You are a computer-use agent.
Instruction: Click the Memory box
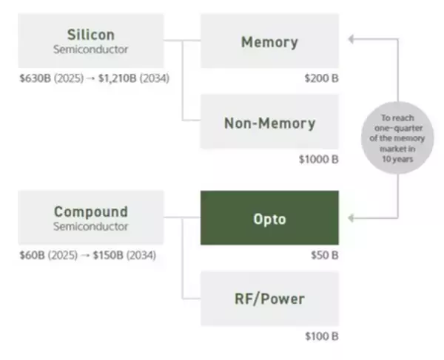point(269,41)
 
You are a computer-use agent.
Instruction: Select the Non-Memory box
point(269,123)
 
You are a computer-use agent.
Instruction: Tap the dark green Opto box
point(269,218)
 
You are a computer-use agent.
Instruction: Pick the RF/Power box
point(269,299)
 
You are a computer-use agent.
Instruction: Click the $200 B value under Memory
point(321,77)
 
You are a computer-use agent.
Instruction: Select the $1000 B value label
point(318,158)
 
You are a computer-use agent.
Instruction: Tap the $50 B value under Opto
point(323,254)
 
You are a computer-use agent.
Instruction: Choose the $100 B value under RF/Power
point(321,336)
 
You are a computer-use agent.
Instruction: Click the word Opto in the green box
point(269,218)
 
